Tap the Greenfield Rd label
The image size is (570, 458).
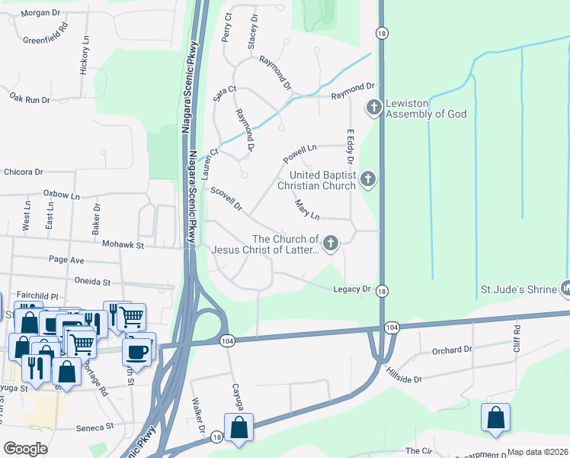pos(46,34)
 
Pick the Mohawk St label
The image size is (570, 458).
pos(123,245)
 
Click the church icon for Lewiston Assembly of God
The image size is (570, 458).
pos(373,107)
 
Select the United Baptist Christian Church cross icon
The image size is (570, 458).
pos(368,179)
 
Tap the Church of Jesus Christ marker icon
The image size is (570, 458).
pos(330,243)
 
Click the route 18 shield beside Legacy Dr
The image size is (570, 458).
pos(383,291)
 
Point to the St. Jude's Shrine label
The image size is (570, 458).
pos(521,290)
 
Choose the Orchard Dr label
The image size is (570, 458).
pos(452,350)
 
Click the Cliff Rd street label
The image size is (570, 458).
pos(517,337)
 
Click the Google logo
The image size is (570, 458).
pos(25,448)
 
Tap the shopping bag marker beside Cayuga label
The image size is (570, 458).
pos(239,428)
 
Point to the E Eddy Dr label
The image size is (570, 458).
pos(351,147)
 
